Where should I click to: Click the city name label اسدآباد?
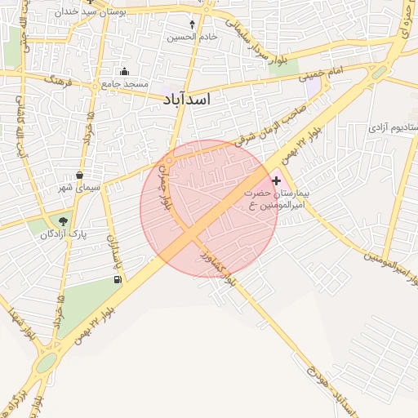pos(181,99)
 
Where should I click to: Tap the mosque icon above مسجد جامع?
pos(124,71)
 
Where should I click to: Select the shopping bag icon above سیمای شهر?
pos(79,175)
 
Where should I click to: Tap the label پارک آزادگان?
pos(58,234)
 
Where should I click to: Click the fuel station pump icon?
pos(119,280)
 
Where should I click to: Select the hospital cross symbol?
pos(277,180)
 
